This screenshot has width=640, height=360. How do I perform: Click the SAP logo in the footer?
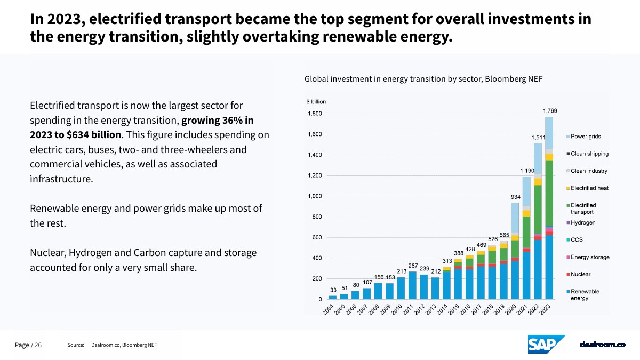[546, 345]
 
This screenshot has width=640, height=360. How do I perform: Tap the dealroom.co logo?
[603, 345]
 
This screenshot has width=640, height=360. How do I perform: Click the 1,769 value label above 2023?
[550, 111]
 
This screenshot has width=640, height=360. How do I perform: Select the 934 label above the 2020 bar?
[515, 197]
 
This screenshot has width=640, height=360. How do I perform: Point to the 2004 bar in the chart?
[332, 297]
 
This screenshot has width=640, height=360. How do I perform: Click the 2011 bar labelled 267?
[412, 285]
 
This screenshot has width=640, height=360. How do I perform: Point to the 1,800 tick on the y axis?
[315, 114]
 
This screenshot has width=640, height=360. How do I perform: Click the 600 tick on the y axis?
[317, 237]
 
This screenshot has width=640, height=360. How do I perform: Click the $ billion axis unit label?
[316, 101]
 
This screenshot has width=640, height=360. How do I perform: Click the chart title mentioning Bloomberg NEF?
[423, 79]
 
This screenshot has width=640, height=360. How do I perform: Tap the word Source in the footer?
[76, 345]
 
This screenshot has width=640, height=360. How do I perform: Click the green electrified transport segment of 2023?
[549, 192]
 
